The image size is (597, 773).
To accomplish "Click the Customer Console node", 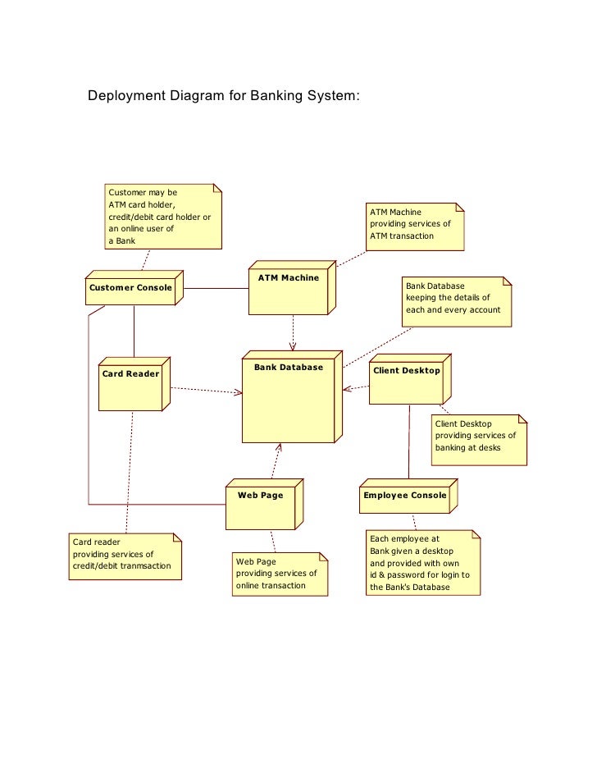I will click(x=131, y=289).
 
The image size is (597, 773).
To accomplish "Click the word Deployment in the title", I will click(x=126, y=96).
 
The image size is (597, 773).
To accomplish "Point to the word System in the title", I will click(x=331, y=96).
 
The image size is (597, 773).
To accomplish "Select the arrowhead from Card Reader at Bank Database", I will click(x=239, y=392).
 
